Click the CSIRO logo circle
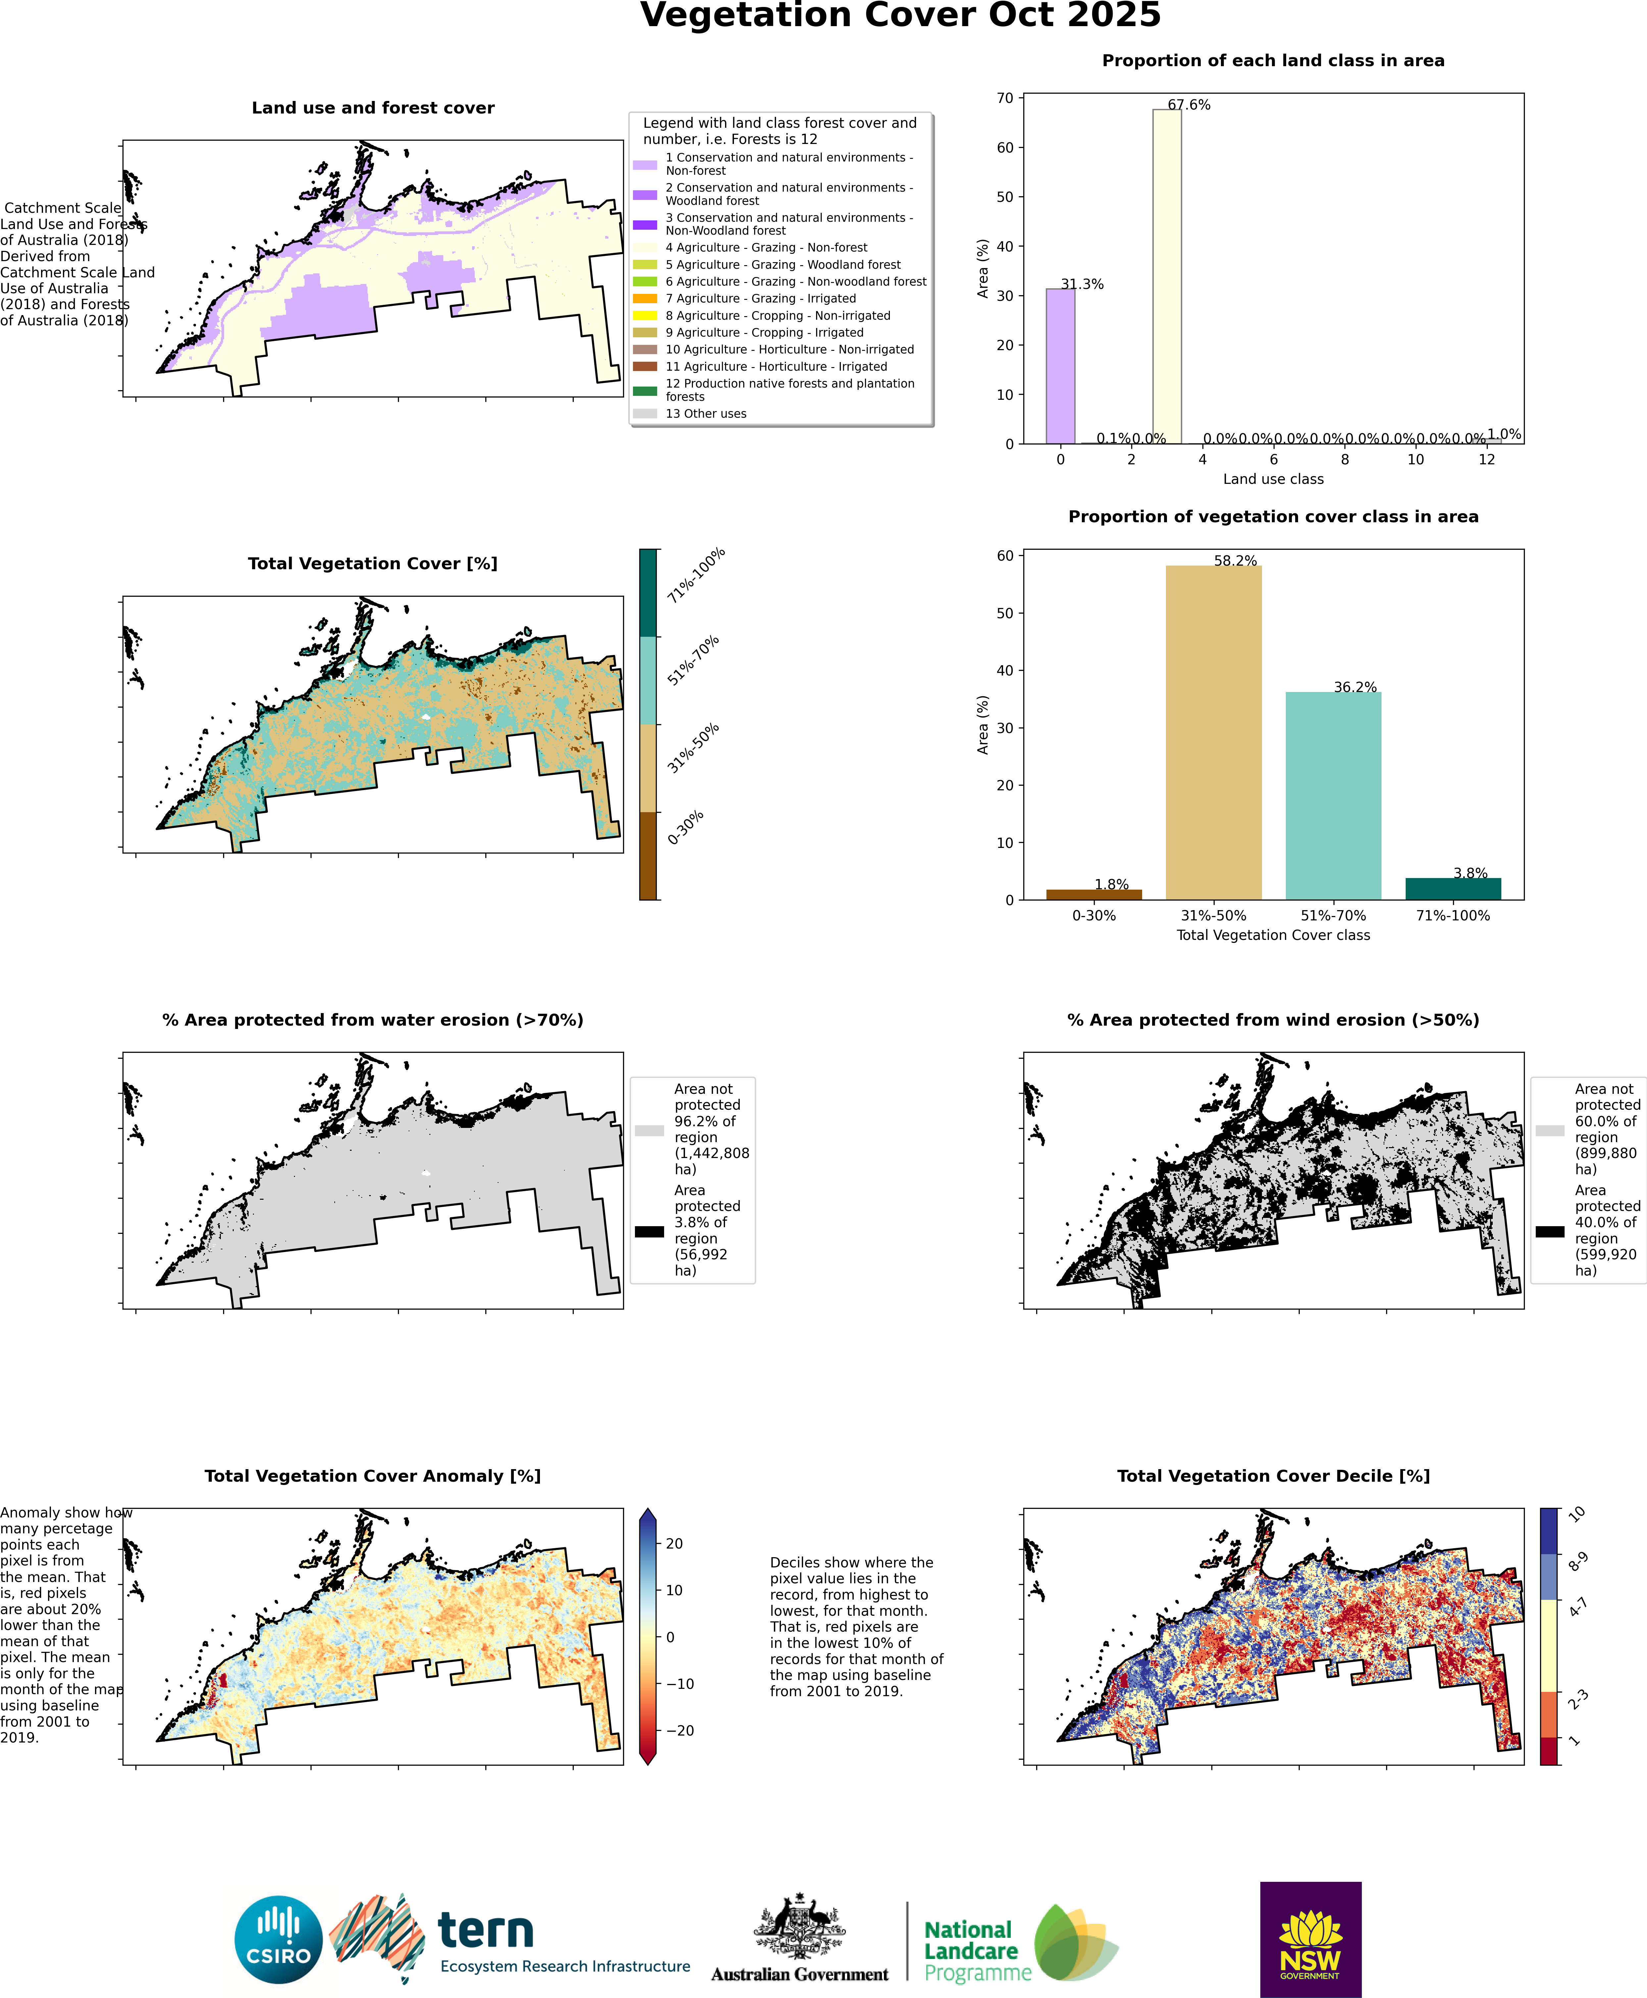(x=278, y=1939)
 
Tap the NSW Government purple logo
(x=1310, y=1939)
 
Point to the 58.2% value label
(x=1235, y=560)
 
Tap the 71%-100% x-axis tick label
(x=1453, y=915)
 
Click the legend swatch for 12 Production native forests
(x=645, y=391)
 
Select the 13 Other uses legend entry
(x=705, y=413)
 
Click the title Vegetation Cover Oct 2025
(x=899, y=16)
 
